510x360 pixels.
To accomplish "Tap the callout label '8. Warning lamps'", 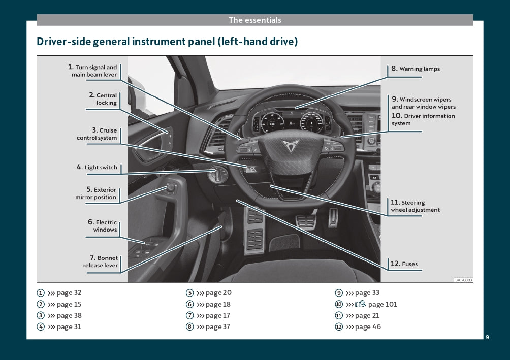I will pyautogui.click(x=415, y=69).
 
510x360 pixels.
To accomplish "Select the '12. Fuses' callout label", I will pyautogui.click(x=405, y=264).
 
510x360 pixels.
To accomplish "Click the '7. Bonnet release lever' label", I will pyautogui.click(x=101, y=261).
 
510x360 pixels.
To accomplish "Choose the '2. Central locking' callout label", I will pyautogui.click(x=103, y=99).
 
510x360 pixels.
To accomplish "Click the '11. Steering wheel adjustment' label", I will pyautogui.click(x=415, y=206).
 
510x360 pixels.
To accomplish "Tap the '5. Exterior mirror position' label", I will pyautogui.click(x=97, y=193).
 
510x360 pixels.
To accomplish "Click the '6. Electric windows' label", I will pyautogui.click(x=103, y=226).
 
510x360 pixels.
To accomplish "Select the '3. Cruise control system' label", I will pyautogui.click(x=98, y=134).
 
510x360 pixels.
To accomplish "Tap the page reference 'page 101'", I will pyautogui.click(x=382, y=305).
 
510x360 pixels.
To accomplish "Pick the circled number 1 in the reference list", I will pyautogui.click(x=40, y=293).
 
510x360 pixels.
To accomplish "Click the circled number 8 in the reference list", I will pyautogui.click(x=189, y=327).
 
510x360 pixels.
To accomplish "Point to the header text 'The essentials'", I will pyautogui.click(x=254, y=20).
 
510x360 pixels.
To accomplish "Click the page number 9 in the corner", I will pyautogui.click(x=487, y=338).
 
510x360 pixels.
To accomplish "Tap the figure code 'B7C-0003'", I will pyautogui.click(x=463, y=280).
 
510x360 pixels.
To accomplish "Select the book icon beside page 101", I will pyautogui.click(x=360, y=304).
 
